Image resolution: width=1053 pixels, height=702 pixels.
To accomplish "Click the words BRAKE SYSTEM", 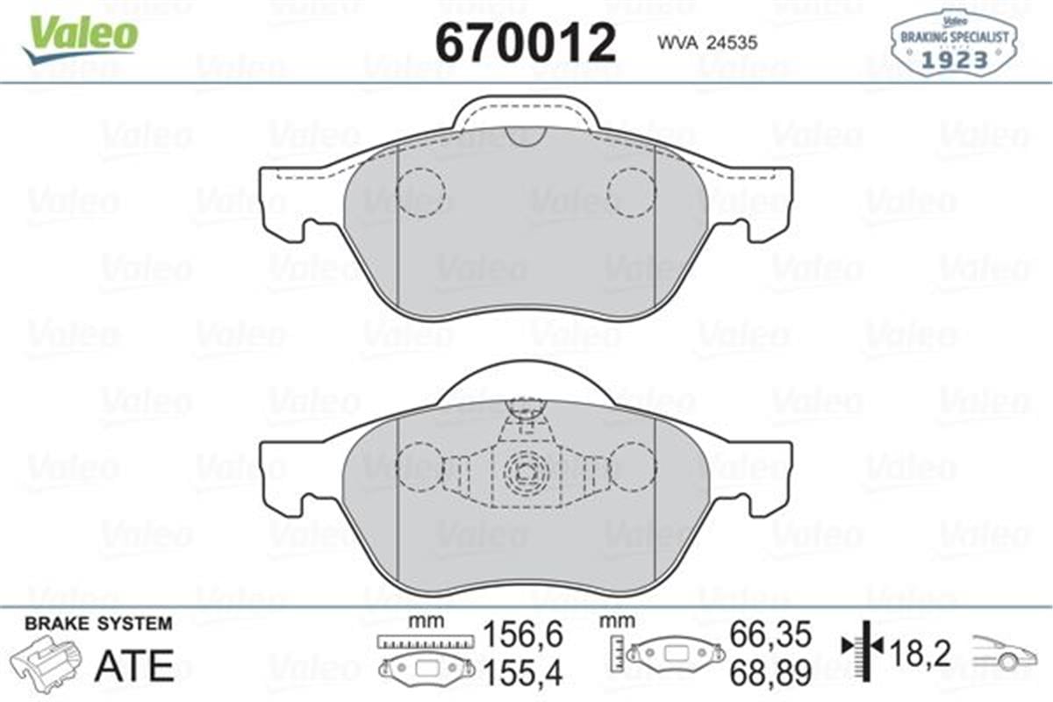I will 98,624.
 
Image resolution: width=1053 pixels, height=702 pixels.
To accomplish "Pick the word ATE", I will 133,666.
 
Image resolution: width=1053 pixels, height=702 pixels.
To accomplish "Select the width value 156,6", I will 523,634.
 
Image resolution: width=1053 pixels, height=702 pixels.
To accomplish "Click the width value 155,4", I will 523,671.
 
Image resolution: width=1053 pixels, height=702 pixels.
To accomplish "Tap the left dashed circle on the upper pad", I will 420,191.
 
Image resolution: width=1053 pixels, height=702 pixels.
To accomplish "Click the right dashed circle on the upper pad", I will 632,191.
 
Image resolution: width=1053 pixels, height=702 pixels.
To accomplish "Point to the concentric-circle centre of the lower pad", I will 526,472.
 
